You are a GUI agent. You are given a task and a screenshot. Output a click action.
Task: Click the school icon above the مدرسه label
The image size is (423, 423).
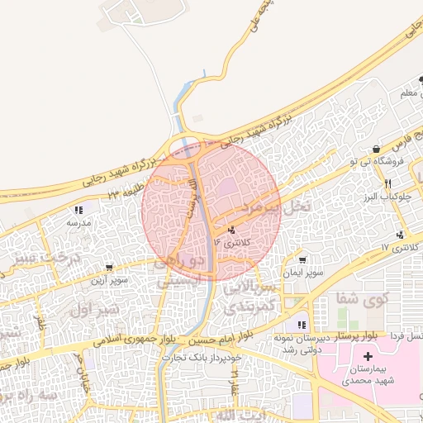click(78, 211)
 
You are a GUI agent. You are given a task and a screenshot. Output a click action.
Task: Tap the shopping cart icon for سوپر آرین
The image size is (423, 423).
click(109, 268)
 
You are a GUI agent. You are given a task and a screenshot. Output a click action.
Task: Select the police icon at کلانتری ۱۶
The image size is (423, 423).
click(231, 231)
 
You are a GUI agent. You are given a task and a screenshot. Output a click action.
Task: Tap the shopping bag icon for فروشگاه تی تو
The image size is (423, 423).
click(377, 150)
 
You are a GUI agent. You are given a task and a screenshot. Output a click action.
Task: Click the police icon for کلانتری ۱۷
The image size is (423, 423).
click(400, 235)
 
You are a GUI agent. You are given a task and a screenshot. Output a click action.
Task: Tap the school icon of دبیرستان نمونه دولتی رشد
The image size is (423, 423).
click(302, 325)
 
